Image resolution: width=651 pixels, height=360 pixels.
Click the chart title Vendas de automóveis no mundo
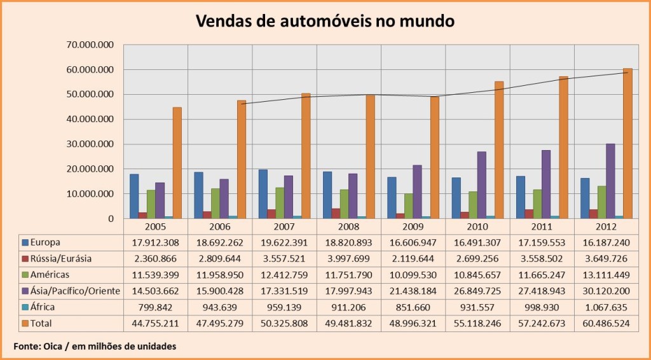tap(325, 21)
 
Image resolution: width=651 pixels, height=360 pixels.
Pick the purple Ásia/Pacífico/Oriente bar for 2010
tap(481, 185)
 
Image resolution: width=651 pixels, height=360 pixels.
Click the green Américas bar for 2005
tap(151, 204)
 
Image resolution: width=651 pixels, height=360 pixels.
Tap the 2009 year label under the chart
tap(413, 227)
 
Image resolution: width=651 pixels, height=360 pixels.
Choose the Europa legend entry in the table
tap(44, 242)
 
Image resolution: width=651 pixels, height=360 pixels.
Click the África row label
tap(43, 307)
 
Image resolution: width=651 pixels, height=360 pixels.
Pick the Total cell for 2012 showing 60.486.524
tap(606, 323)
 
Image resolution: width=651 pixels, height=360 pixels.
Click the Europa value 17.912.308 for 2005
tap(156, 242)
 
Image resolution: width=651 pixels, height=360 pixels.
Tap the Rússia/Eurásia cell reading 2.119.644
tap(413, 258)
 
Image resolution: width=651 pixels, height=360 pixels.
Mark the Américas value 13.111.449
tap(606, 275)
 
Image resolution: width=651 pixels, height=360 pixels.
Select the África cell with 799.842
tap(156, 307)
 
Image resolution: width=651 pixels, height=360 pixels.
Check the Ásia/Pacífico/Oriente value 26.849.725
tap(477, 291)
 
